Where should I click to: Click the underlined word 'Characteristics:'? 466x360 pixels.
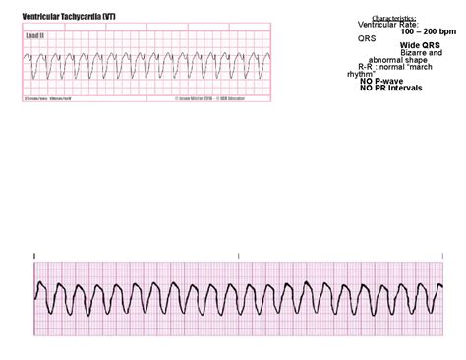(393, 18)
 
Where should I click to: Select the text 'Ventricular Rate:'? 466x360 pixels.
(388, 25)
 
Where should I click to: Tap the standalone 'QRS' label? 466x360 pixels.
(367, 38)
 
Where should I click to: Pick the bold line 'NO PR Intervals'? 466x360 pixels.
(391, 88)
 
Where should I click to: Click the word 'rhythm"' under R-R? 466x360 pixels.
(363, 74)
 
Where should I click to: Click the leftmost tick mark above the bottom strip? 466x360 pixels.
(35, 256)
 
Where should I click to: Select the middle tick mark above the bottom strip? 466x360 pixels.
(238, 256)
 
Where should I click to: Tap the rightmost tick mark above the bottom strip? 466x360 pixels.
(442, 256)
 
